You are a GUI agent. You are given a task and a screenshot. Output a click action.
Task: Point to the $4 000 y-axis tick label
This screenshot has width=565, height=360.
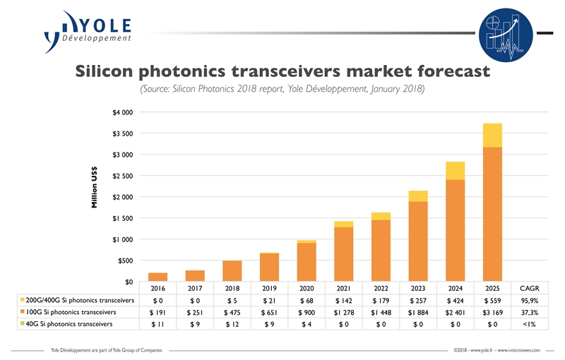(122, 112)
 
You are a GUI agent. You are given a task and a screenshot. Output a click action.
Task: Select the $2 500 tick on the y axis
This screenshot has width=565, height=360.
(122, 176)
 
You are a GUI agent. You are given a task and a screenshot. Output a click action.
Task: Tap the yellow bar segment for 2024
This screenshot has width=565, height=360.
(455, 171)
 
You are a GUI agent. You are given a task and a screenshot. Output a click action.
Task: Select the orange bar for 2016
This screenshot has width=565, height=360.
(157, 277)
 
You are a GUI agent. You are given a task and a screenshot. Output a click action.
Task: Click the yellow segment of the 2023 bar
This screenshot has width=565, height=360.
(417, 196)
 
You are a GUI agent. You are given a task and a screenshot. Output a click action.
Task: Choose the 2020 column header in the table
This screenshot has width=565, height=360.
(307, 288)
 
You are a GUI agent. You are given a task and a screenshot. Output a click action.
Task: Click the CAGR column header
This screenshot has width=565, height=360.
(530, 288)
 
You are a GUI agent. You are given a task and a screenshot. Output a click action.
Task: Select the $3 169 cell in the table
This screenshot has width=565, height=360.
(493, 312)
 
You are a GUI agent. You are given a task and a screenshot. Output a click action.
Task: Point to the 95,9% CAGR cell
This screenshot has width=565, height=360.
(530, 300)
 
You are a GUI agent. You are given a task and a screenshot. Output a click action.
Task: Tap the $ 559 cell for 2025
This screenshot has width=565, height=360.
(493, 300)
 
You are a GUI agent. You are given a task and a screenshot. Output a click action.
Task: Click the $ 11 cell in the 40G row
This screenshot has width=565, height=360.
(157, 324)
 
